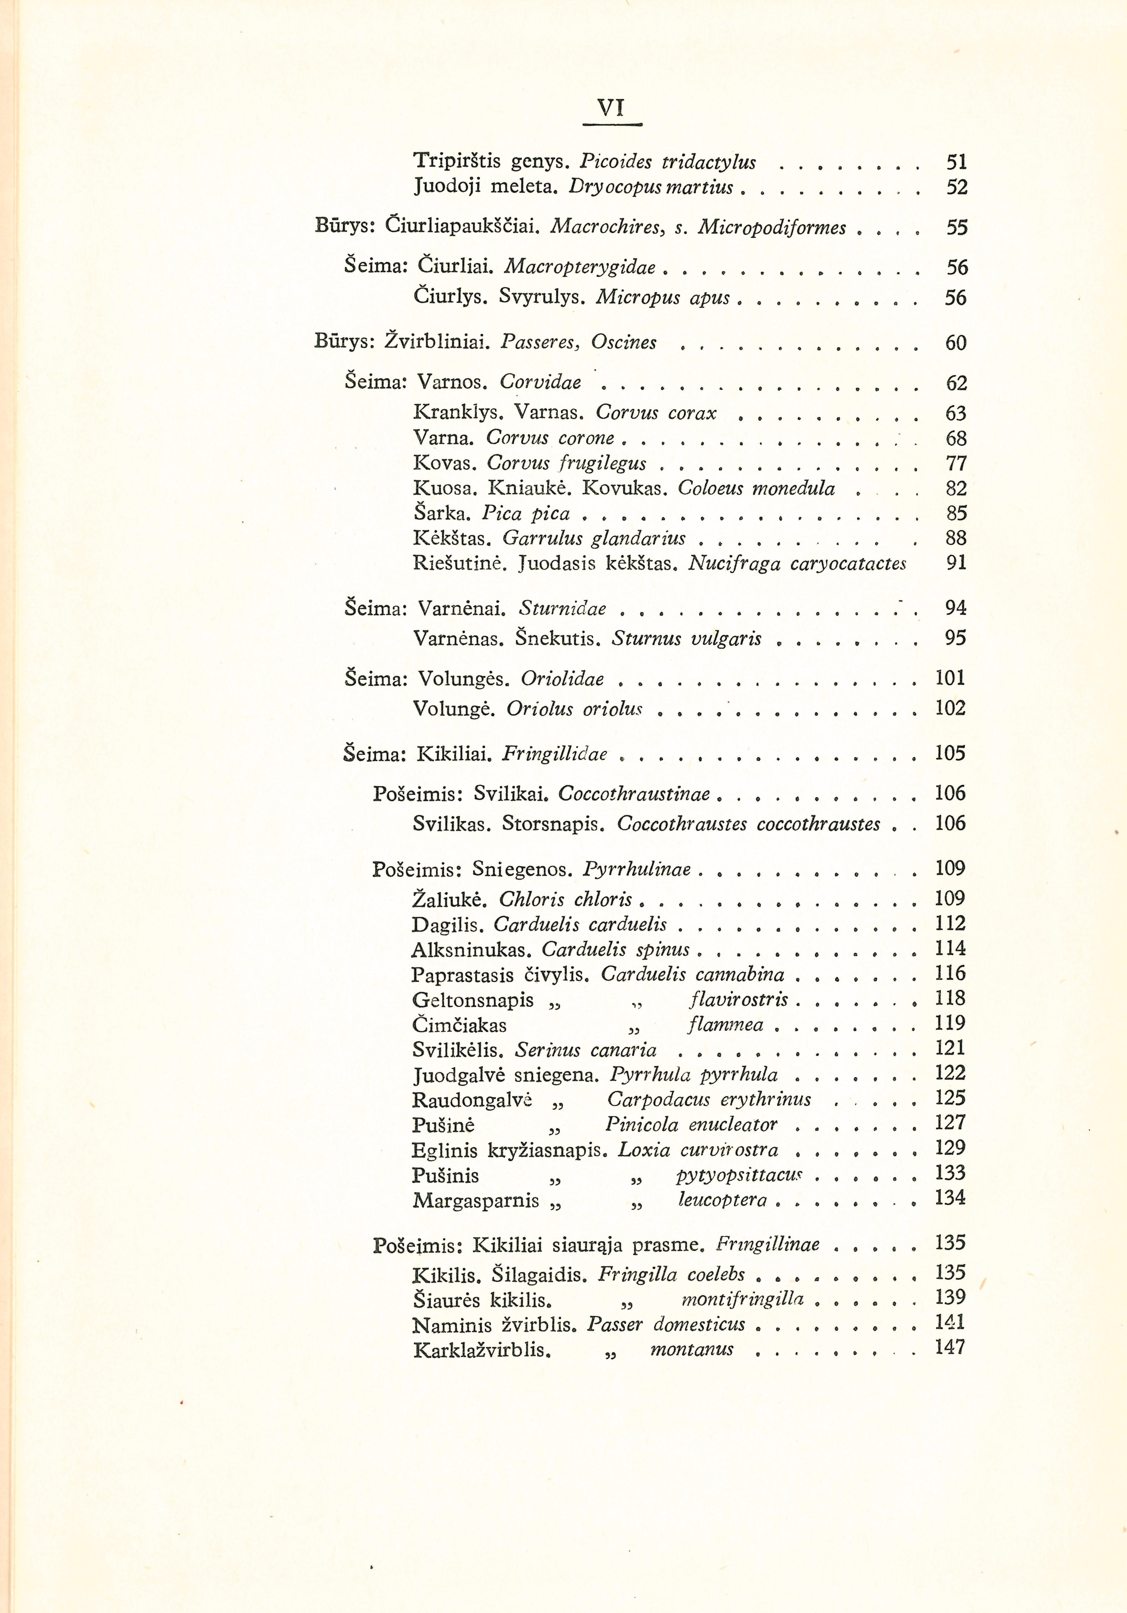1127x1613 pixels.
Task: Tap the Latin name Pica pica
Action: point(526,513)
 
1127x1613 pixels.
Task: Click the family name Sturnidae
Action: point(562,608)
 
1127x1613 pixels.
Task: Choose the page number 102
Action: point(950,707)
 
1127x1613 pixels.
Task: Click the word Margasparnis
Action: point(476,1201)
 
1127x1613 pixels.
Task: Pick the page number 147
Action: point(950,1347)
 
